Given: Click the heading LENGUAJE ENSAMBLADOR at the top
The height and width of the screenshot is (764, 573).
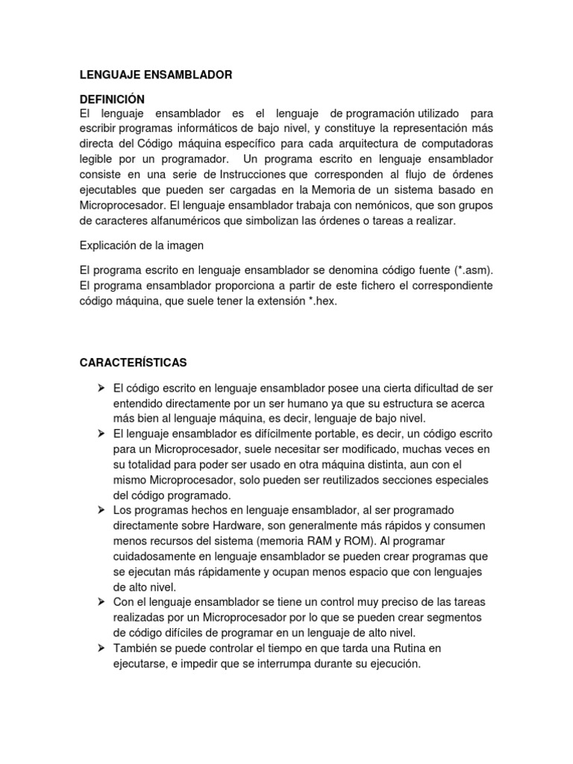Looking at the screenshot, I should [156, 75].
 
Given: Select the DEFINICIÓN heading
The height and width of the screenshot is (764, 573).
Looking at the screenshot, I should [112, 99].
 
